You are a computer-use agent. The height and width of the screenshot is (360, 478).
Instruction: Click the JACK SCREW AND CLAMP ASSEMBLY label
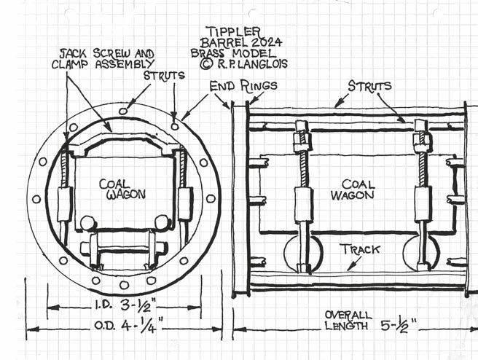click(107, 58)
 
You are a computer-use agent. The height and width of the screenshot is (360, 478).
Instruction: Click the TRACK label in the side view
click(359, 249)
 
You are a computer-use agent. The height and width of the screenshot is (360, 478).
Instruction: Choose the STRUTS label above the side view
click(369, 86)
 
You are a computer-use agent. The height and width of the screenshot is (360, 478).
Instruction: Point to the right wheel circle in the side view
click(421, 252)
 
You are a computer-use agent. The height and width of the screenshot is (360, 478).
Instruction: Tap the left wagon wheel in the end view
click(87, 223)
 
